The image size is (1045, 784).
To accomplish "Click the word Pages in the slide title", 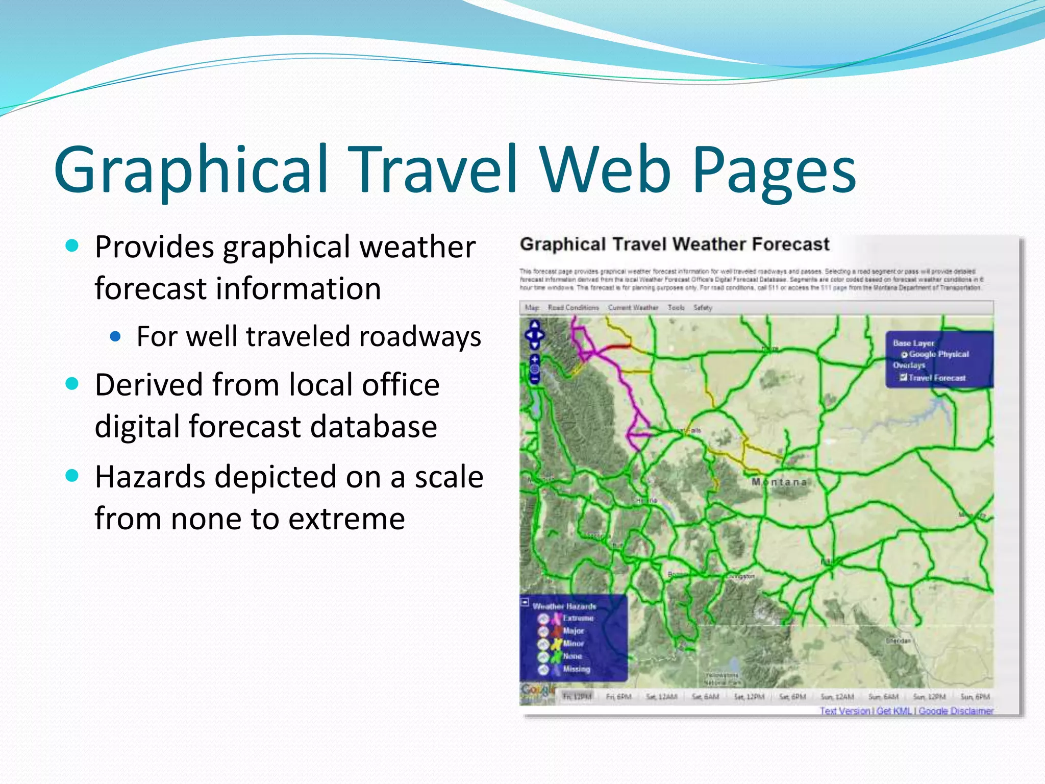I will pyautogui.click(x=774, y=171).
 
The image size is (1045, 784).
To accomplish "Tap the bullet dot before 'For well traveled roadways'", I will pyautogui.click(x=116, y=336).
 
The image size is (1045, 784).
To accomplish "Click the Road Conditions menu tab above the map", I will pyautogui.click(x=573, y=308).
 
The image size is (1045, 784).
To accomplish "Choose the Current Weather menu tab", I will pyautogui.click(x=633, y=308).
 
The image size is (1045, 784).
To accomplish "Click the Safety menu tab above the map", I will pyautogui.click(x=702, y=308).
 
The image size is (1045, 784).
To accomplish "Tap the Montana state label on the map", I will pyautogui.click(x=779, y=482).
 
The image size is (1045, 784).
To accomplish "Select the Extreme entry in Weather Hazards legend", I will pyautogui.click(x=578, y=618).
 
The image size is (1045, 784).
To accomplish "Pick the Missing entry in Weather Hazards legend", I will pyautogui.click(x=576, y=669).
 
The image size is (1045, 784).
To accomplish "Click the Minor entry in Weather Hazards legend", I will pyautogui.click(x=573, y=644).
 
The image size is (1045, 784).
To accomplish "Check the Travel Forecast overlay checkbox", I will pyautogui.click(x=903, y=378).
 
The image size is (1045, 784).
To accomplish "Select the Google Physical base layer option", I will pyautogui.click(x=904, y=354).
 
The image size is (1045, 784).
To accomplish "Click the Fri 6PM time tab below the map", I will pyautogui.click(x=618, y=697).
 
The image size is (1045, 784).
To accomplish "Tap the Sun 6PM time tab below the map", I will pyautogui.click(x=975, y=697).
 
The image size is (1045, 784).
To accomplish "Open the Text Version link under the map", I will pyautogui.click(x=844, y=710).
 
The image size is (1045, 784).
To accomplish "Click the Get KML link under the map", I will pyautogui.click(x=894, y=710).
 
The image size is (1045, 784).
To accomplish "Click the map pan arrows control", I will pyautogui.click(x=534, y=335).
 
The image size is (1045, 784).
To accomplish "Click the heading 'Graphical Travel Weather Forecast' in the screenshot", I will pyautogui.click(x=674, y=244).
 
